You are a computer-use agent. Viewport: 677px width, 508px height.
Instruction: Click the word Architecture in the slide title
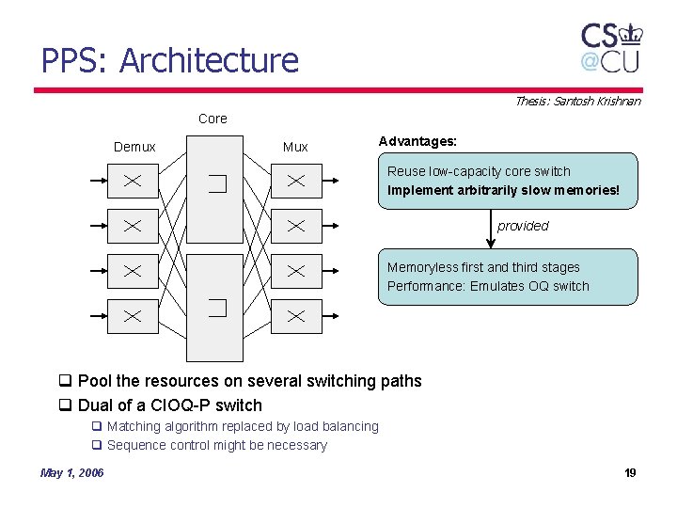click(210, 61)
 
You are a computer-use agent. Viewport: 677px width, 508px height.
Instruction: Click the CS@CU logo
click(611, 48)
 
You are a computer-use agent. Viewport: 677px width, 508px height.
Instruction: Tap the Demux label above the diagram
click(134, 147)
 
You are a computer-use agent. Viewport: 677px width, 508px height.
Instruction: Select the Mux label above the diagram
click(295, 147)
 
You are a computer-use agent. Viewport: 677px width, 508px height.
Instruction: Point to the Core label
click(213, 119)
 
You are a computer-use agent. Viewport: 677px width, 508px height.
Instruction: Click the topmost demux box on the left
click(133, 181)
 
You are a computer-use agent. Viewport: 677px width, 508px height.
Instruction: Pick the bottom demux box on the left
click(133, 316)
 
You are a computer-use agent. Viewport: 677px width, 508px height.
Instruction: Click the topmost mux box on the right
click(296, 181)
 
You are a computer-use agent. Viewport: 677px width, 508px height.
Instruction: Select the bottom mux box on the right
click(296, 316)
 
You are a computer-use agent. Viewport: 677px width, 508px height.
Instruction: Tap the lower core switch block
click(214, 307)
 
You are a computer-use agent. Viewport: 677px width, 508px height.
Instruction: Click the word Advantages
click(417, 141)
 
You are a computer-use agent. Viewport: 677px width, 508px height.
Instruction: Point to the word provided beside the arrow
click(523, 226)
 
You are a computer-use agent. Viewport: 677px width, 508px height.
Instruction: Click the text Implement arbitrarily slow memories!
click(504, 190)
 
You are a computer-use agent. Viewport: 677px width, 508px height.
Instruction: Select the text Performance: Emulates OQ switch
click(488, 286)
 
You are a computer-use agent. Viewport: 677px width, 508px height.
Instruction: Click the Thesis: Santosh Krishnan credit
click(577, 101)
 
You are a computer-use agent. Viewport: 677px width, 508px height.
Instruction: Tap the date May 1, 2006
click(72, 472)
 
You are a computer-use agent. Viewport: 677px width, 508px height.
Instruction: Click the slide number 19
click(630, 472)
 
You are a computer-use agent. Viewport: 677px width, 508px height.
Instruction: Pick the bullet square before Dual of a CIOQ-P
click(66, 405)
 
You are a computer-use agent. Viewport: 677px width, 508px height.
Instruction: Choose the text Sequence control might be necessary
click(217, 445)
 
